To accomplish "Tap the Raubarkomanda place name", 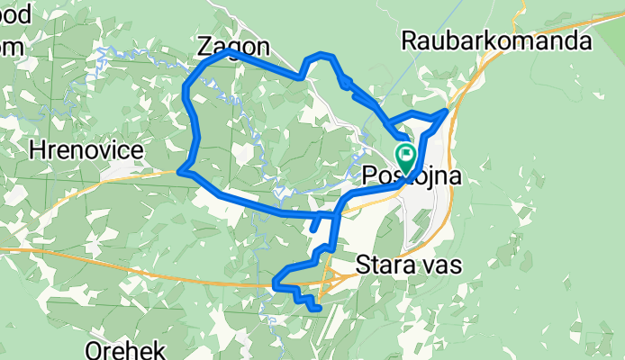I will pyautogui.click(x=496, y=41).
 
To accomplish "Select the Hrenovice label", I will pyautogui.click(x=86, y=151).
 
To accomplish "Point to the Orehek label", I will pyautogui.click(x=123, y=346).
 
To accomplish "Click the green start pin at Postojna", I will pyautogui.click(x=404, y=157).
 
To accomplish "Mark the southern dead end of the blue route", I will pyautogui.click(x=318, y=310).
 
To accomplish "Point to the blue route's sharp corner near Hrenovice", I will pyautogui.click(x=182, y=168).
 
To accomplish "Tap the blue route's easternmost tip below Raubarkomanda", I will pyautogui.click(x=446, y=112).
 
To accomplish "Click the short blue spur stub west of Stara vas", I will pyautogui.click(x=312, y=229).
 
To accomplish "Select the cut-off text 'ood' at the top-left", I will pyautogui.click(x=15, y=17).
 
